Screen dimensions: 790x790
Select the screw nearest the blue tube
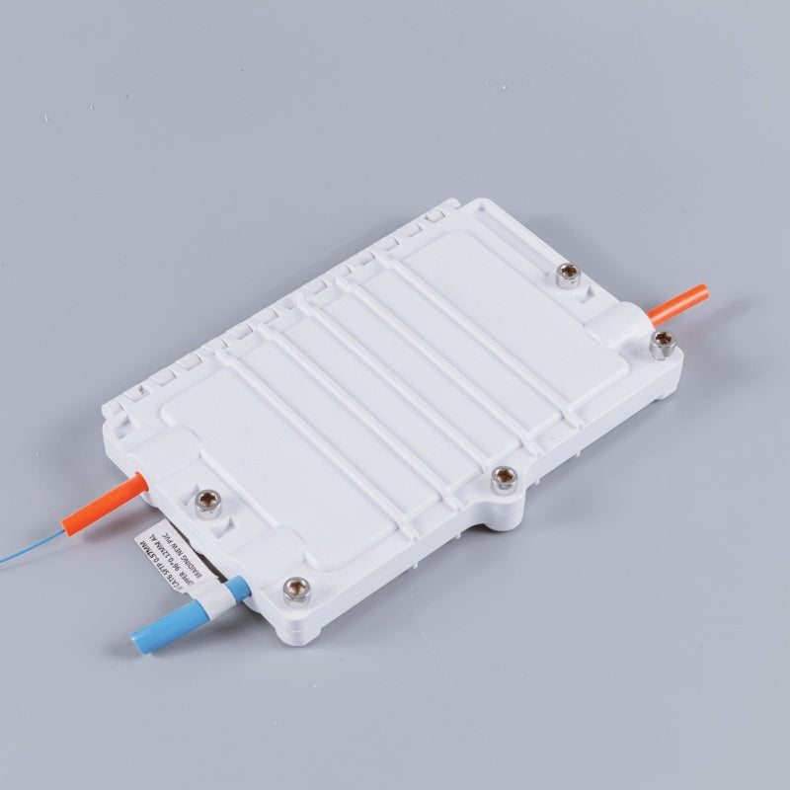pos(293,590)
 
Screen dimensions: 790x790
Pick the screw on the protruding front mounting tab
pos(504,480)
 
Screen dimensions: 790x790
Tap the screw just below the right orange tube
pos(662,344)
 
